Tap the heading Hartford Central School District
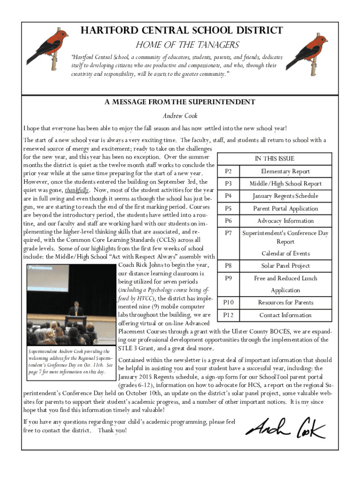coord(182,31)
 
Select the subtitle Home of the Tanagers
coord(187,45)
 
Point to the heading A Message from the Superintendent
coord(180,102)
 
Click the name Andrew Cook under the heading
coord(180,116)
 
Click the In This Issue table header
coord(274,159)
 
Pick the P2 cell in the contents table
coord(229,171)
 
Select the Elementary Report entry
coord(285,171)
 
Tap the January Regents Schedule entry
coord(285,196)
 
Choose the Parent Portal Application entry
coord(285,209)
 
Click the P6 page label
coord(229,221)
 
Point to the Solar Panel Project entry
coord(285,266)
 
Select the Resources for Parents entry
coord(285,303)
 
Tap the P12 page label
coord(229,315)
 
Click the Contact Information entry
coord(285,315)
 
